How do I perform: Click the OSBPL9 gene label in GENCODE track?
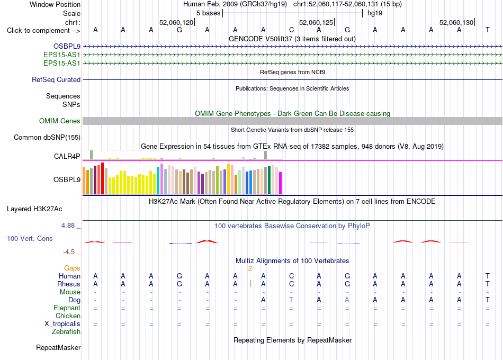[67, 47]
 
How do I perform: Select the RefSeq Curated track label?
[56, 79]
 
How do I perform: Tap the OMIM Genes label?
[60, 121]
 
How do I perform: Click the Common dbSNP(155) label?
[47, 137]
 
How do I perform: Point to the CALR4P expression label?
[67, 156]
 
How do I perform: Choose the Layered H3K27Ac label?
[34, 209]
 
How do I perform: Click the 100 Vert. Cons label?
[30, 238]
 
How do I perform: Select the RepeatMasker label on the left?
[58, 347]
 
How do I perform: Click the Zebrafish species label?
[66, 332]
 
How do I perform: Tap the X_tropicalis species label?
[62, 324]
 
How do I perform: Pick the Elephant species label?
[67, 308]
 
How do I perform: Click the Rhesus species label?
[69, 284]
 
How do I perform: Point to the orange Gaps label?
[72, 268]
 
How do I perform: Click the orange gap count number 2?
[250, 268]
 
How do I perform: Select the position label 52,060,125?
[316, 22]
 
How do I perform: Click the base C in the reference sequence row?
[291, 30]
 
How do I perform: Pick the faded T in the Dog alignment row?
[291, 300]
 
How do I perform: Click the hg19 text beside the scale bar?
[375, 13]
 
